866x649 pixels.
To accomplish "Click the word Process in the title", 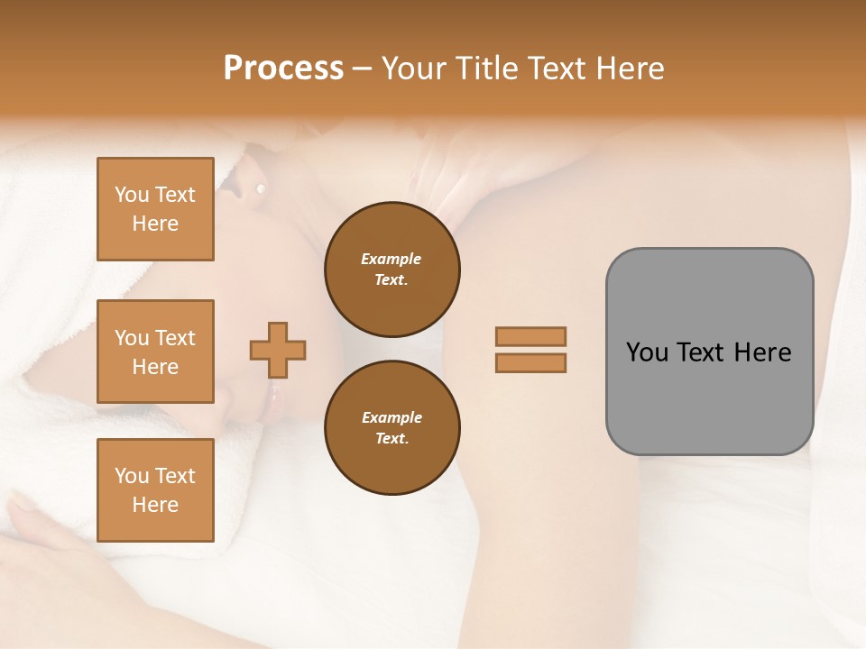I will pos(283,68).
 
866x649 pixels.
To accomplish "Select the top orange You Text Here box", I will pos(155,209).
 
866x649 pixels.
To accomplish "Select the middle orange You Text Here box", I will pos(155,352).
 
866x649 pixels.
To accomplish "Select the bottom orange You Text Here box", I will pos(155,490).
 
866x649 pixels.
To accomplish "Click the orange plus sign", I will pos(278,350).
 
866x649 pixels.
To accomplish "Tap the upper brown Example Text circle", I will pos(392,269).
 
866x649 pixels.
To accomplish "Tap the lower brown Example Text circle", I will pos(392,427).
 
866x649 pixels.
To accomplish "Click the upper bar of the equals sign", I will pos(531,337).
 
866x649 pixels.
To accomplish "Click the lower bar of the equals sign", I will pos(531,362).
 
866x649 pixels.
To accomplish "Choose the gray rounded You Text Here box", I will pos(709,352).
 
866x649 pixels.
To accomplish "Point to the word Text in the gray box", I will pos(702,352).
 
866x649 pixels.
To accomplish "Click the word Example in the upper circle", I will pos(392,259).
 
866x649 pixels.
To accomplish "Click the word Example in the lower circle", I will pos(392,417).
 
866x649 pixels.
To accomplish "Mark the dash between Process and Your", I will pos(363,69).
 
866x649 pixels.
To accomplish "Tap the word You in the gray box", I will pos(647,352).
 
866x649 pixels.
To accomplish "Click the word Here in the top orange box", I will pos(155,224).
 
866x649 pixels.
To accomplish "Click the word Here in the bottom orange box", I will pos(155,505).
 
